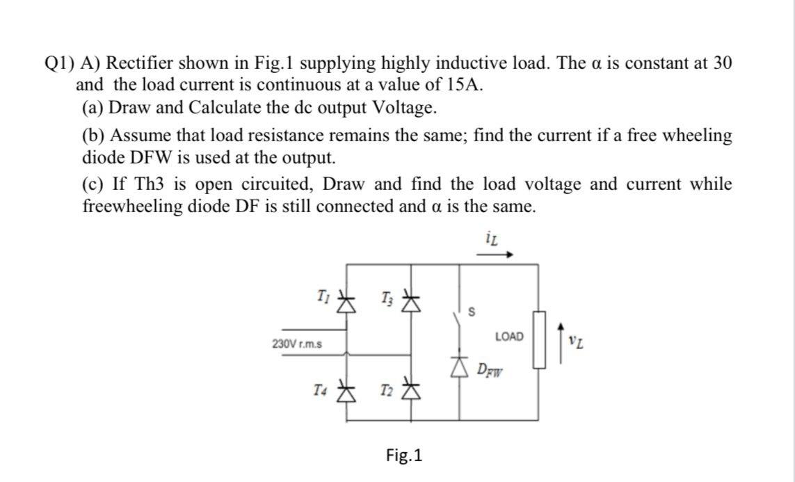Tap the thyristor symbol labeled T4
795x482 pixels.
(346, 394)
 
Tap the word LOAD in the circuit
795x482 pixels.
(509, 337)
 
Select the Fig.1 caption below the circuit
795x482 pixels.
(404, 456)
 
